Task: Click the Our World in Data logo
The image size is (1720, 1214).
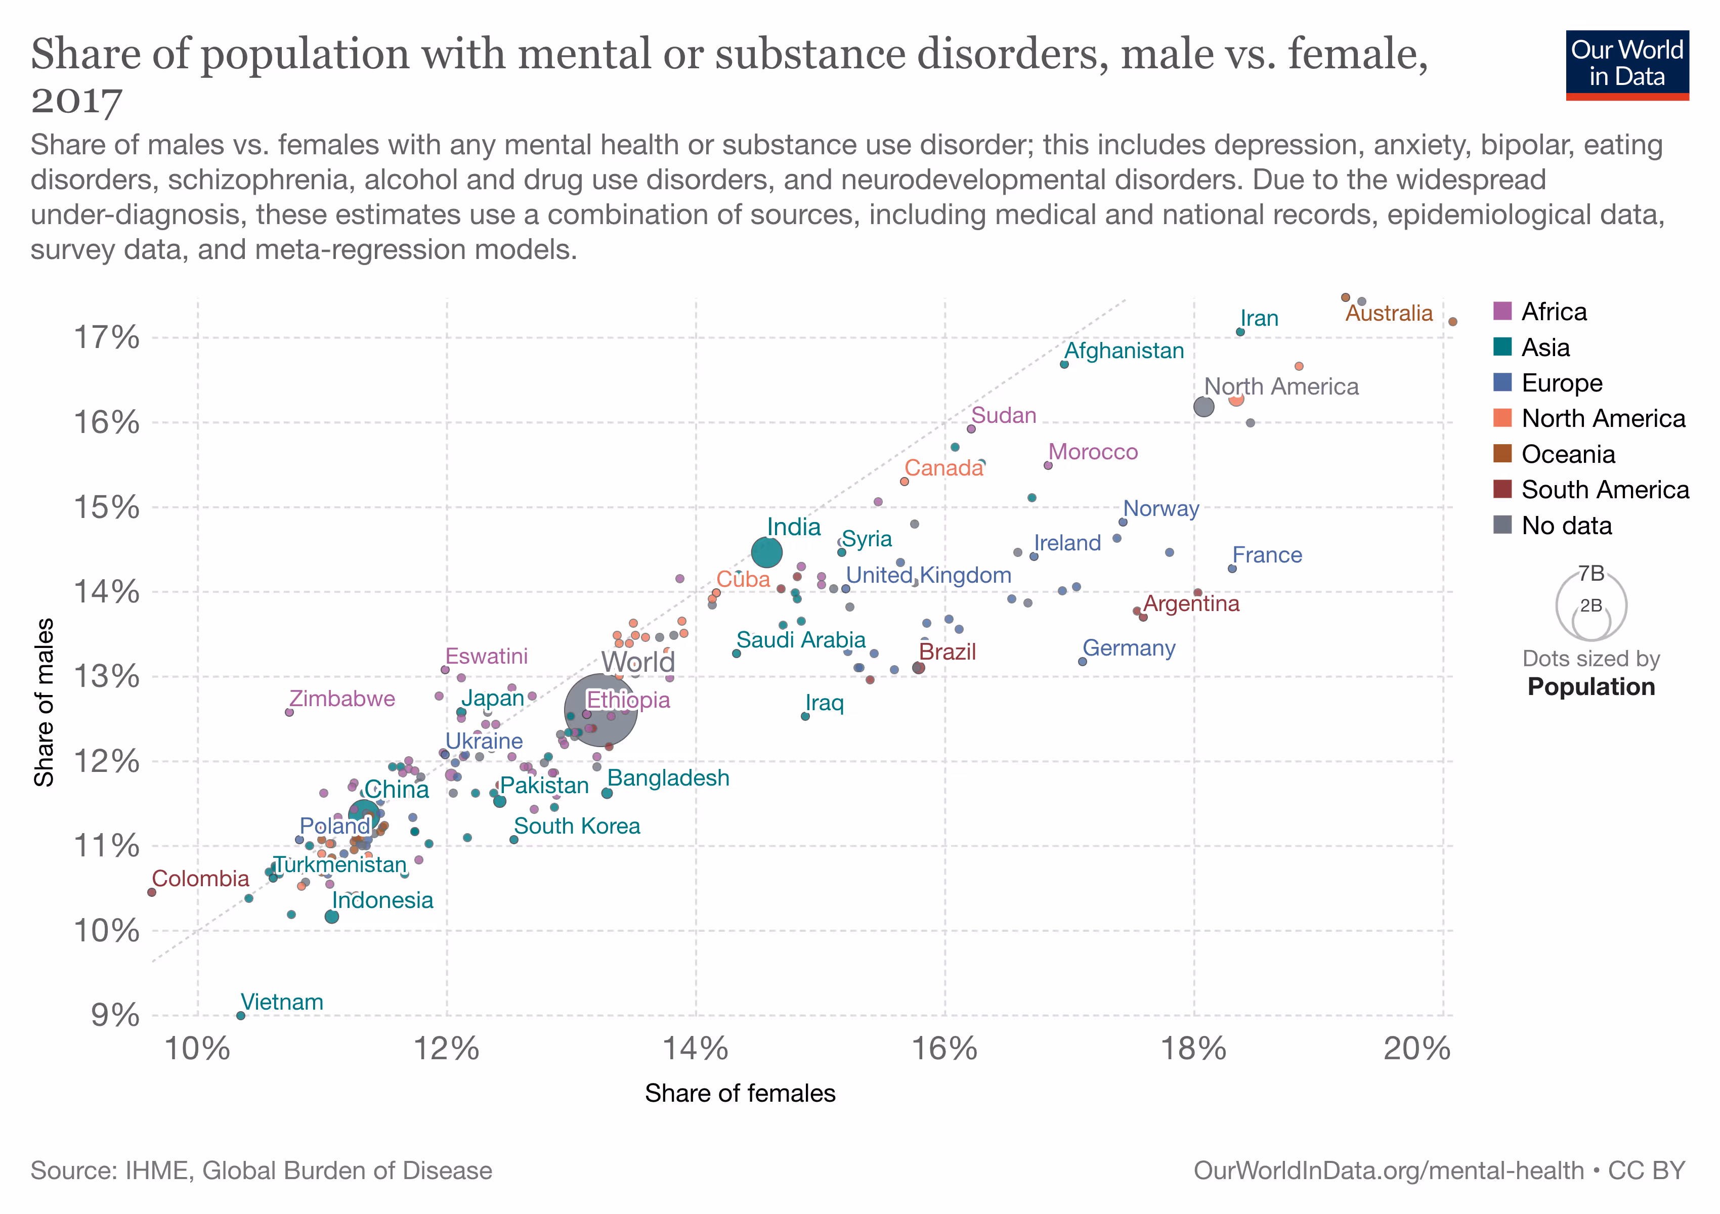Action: pos(1626,64)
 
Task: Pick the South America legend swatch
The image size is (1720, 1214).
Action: pos(1502,489)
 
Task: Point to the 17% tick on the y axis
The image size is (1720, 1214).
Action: pos(106,338)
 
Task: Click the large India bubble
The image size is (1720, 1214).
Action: pos(766,553)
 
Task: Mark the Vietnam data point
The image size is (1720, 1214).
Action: pos(240,1016)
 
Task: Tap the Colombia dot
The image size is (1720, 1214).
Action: pos(152,892)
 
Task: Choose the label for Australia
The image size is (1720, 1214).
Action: pos(1388,313)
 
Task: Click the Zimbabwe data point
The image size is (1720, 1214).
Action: pos(289,712)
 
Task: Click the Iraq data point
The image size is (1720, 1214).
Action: pos(805,716)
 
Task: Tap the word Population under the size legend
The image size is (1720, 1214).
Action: pos(1590,687)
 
